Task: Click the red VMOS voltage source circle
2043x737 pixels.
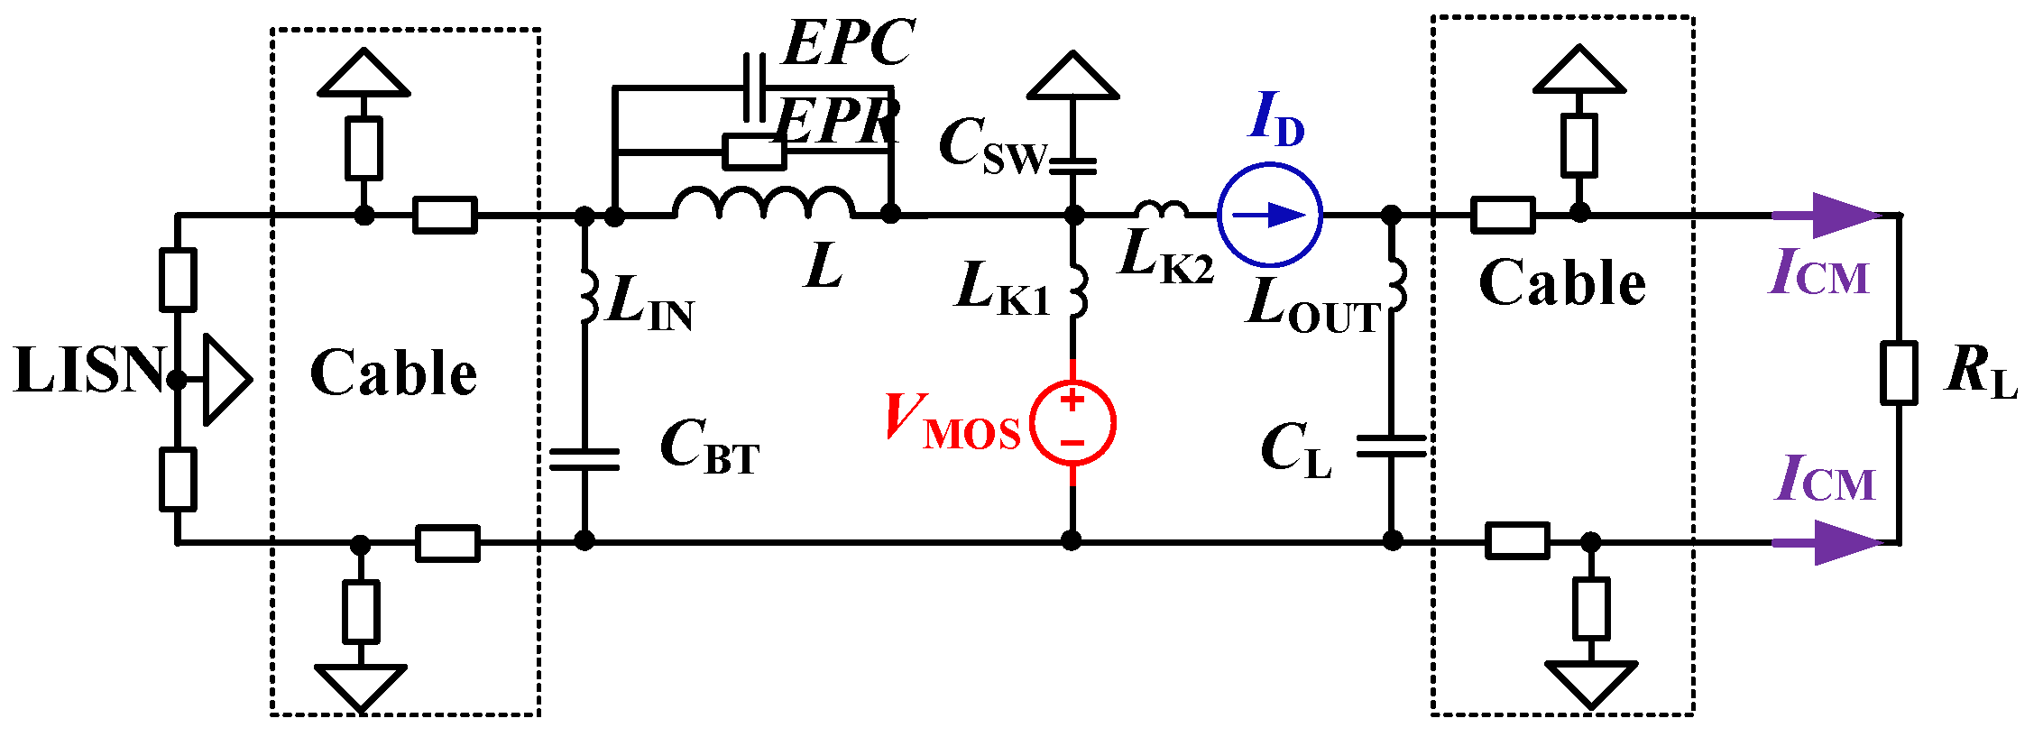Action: point(1072,422)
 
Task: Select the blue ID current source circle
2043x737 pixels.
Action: point(1270,215)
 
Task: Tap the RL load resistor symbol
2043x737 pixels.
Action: point(1899,372)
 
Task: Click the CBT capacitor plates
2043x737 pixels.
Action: point(584,459)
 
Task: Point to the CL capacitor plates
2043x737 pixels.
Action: point(1392,446)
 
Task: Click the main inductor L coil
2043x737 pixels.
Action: point(763,204)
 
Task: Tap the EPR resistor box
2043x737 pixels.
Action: point(754,152)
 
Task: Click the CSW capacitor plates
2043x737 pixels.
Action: point(1073,166)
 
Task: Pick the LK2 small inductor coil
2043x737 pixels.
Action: point(1161,210)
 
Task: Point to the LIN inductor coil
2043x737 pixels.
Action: point(587,294)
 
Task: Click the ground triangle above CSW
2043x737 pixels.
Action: point(1073,78)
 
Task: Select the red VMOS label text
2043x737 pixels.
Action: point(952,421)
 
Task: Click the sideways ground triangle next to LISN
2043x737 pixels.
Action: point(223,380)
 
